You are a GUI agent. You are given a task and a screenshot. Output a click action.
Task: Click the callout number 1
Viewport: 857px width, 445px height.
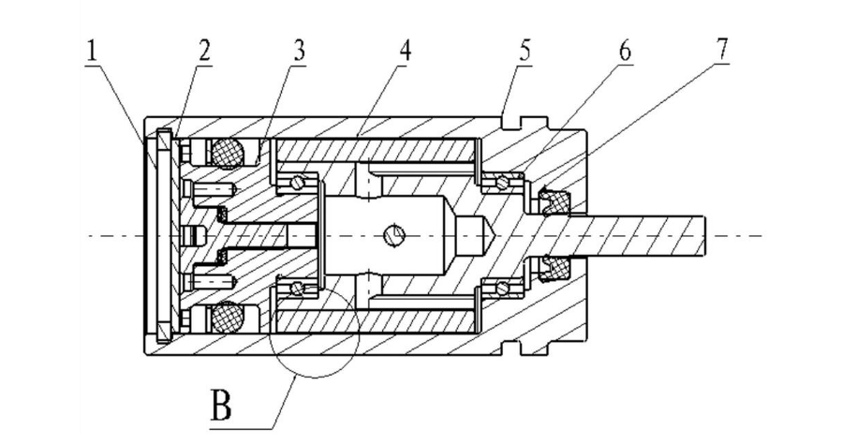[91, 52]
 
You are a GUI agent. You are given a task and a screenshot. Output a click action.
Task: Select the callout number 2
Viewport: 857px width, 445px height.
[204, 51]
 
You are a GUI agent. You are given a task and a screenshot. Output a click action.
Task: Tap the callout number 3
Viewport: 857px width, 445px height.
[299, 51]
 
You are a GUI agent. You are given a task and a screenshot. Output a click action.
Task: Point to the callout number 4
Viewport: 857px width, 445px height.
[404, 51]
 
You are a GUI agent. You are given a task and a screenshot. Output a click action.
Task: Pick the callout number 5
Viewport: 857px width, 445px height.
[525, 51]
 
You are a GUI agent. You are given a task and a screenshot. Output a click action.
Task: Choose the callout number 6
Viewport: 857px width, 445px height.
[625, 51]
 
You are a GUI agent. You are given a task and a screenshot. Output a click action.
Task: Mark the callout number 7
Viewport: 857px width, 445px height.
[722, 50]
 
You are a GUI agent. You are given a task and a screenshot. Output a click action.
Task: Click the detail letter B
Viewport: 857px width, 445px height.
[221, 405]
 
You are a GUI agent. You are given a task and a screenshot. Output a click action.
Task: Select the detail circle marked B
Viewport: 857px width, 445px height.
[315, 333]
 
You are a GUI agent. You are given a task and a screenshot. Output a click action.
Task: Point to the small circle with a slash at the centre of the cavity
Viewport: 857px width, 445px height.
[394, 234]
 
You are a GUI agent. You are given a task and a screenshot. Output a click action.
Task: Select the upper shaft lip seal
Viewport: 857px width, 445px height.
[554, 200]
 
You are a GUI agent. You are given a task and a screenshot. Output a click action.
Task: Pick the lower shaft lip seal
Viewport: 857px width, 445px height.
[554, 270]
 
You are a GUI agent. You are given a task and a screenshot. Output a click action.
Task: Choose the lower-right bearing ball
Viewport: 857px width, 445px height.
[502, 287]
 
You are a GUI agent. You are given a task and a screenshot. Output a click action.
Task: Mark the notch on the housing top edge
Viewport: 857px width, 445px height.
[512, 122]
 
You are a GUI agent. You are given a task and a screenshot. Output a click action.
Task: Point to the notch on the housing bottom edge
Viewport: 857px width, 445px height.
[512, 348]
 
